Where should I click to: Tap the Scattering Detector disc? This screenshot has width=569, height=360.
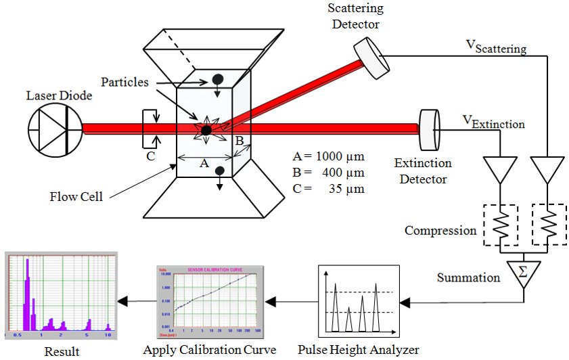tap(367, 52)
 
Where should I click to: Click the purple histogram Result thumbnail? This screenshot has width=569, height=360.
tap(60, 296)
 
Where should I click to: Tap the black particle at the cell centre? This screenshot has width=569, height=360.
tap(206, 129)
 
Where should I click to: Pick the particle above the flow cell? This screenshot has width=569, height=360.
tap(219, 78)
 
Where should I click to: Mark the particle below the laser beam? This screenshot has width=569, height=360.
tap(220, 174)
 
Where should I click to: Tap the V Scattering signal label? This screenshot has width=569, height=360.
tap(496, 46)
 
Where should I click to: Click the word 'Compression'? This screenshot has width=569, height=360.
tap(440, 230)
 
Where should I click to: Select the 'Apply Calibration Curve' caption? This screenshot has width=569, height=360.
tap(210, 350)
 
